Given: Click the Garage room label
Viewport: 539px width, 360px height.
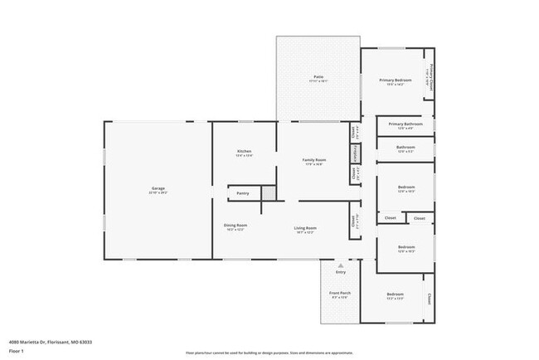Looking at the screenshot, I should coord(158,188).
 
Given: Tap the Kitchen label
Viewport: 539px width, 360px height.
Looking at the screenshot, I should coord(244,151).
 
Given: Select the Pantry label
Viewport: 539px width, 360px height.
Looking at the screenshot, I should coord(243,193).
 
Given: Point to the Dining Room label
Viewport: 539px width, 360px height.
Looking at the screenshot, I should coord(236,225).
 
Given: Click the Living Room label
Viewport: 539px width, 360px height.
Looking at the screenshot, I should coord(305,227).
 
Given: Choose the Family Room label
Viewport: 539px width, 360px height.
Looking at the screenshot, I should coord(313,159).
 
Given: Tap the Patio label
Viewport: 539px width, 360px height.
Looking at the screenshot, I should coord(318,76).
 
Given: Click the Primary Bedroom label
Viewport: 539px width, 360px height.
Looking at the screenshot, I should coord(396,80).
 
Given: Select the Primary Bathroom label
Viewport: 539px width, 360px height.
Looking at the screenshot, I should coord(405,124).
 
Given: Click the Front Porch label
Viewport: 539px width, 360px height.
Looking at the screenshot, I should coord(340,293).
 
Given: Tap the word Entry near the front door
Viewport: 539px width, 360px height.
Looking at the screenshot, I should coord(340,272).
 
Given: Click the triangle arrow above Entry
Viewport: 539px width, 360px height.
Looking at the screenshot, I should coord(340,265).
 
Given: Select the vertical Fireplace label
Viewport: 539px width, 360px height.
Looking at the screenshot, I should coord(356,153).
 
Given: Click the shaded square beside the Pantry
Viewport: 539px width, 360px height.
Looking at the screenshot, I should coord(268,192).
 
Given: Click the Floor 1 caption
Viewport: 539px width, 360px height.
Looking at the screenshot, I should coord(17,351).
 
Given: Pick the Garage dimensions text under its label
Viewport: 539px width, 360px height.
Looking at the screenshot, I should coord(158,193).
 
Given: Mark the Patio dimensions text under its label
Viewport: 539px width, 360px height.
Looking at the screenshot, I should coord(318,81).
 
